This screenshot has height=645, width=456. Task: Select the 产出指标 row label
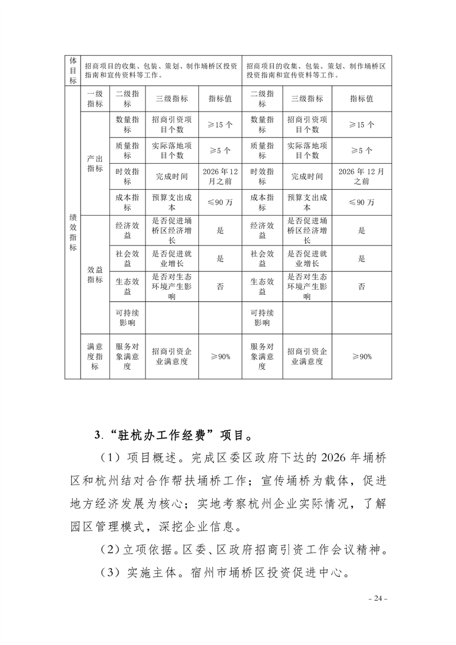point(95,163)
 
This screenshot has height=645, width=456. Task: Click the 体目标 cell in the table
point(73,70)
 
